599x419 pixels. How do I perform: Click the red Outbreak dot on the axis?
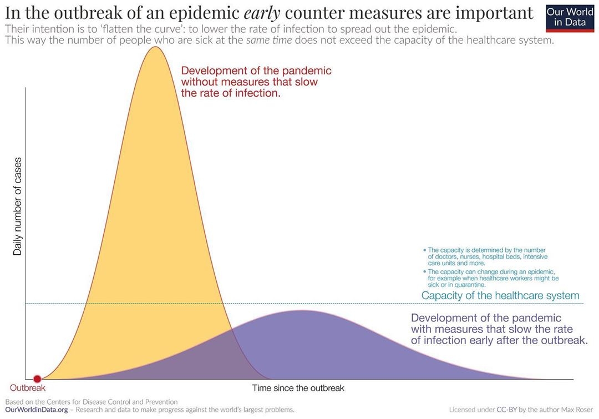[37, 379]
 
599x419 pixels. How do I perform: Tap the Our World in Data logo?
[570, 17]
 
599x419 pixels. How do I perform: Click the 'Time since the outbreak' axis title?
[298, 388]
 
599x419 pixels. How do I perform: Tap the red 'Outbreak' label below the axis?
[28, 388]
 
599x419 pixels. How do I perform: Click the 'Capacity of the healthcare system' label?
[500, 296]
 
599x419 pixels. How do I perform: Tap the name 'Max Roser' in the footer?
[577, 410]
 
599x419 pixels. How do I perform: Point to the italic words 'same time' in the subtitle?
[270, 41]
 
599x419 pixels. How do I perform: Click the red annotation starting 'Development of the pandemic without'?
[256, 82]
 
